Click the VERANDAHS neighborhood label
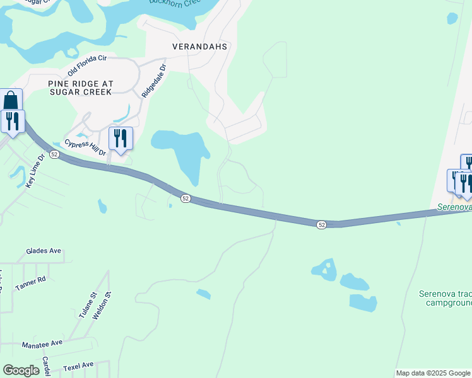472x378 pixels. tap(200, 47)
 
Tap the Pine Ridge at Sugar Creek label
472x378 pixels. tap(80, 87)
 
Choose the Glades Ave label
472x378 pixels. tap(44, 251)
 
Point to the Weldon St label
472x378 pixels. tap(101, 305)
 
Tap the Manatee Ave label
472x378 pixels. tap(42, 343)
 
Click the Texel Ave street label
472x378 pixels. tap(78, 365)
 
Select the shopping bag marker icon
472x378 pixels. tap(11, 100)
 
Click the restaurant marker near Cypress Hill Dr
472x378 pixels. tap(121, 138)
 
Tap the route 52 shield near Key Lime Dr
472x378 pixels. tap(55, 154)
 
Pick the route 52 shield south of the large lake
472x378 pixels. tap(185, 198)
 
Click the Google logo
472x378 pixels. tap(21, 370)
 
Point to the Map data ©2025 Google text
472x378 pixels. tap(433, 373)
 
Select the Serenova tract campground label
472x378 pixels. tap(445, 298)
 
